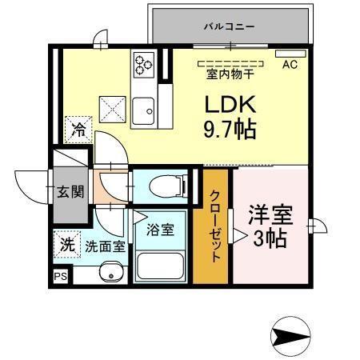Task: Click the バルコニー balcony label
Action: click(x=228, y=26)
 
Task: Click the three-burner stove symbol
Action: click(x=144, y=62)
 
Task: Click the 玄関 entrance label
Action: click(x=69, y=192)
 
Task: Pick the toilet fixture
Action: click(x=165, y=186)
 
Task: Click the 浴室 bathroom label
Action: click(x=159, y=228)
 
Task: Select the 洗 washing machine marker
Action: click(x=67, y=246)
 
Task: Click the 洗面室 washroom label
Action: click(x=105, y=246)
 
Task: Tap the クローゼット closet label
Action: click(x=216, y=228)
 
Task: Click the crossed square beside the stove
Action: click(x=111, y=106)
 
